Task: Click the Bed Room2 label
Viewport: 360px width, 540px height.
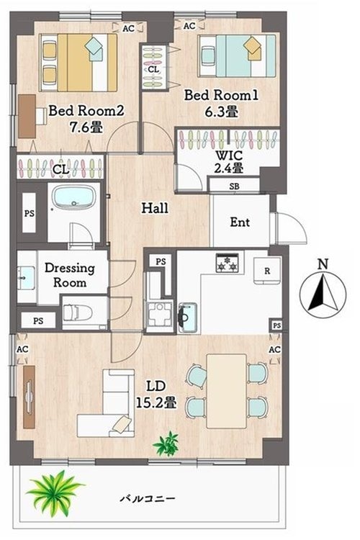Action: (86, 111)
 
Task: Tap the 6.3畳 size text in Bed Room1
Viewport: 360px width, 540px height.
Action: (221, 112)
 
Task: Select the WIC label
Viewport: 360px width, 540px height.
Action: (229, 156)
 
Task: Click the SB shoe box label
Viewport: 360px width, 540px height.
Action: (234, 186)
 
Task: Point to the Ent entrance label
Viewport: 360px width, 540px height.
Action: (240, 222)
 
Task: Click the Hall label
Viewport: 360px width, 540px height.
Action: (155, 208)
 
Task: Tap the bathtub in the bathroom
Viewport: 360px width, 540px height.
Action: (73, 197)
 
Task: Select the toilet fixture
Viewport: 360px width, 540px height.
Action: (78, 312)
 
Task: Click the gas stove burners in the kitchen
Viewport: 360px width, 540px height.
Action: (227, 263)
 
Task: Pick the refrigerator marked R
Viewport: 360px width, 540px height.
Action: (267, 271)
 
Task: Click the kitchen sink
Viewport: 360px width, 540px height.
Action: (187, 318)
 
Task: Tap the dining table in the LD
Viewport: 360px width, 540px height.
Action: (227, 391)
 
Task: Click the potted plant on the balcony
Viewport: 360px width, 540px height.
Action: (54, 492)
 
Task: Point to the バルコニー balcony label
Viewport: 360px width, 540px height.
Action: (148, 498)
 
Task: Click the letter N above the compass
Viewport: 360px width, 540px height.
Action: (323, 264)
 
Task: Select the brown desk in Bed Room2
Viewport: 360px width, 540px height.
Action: (27, 117)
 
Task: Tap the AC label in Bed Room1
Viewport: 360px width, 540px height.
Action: (189, 26)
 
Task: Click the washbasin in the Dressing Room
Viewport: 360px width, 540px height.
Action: (26, 278)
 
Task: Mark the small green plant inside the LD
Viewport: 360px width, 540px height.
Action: (166, 444)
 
